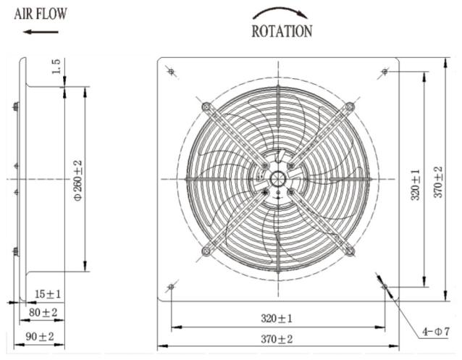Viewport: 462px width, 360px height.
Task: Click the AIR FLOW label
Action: (x=41, y=14)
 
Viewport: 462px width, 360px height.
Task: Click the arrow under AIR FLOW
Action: (x=41, y=32)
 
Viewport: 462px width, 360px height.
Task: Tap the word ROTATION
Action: (x=282, y=31)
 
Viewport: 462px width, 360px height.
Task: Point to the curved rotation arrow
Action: (x=280, y=12)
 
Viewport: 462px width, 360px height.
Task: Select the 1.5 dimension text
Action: (x=56, y=67)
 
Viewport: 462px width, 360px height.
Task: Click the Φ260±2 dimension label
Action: (x=78, y=180)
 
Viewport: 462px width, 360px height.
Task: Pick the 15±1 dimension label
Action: (x=48, y=293)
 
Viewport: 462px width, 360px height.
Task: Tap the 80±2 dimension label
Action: (x=43, y=312)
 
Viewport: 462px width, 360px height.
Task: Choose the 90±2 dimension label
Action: (x=40, y=336)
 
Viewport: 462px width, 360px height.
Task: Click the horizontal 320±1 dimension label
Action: (x=277, y=319)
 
